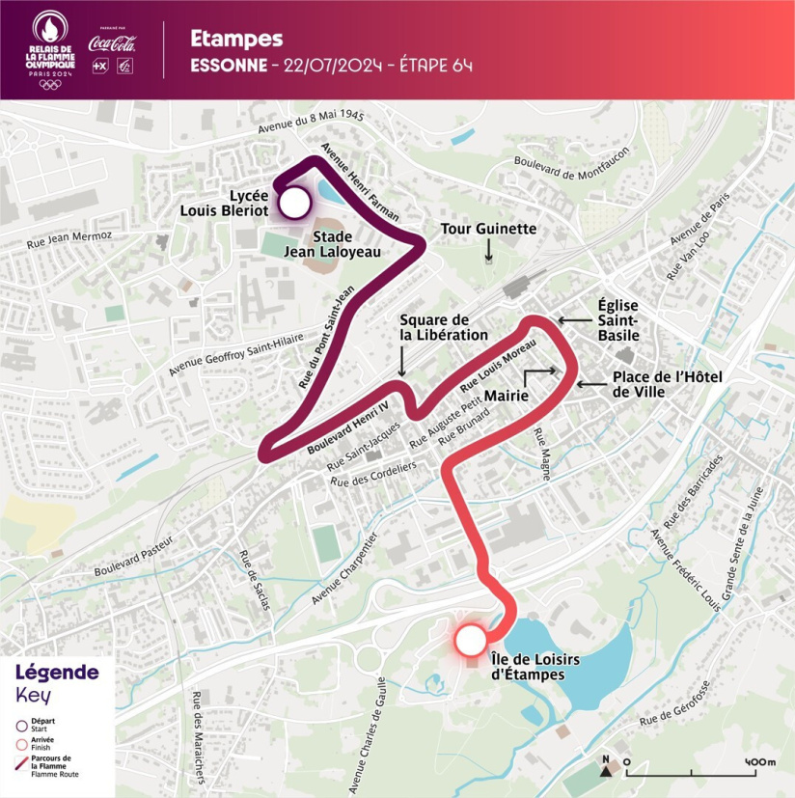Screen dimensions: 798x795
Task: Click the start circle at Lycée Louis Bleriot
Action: [294, 203]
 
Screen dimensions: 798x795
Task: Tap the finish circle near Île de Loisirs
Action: [470, 640]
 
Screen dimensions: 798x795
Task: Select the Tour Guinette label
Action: [488, 229]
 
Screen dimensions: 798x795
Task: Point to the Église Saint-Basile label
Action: [618, 318]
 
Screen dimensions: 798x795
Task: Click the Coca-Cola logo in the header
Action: [112, 43]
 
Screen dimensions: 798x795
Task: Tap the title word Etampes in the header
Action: [236, 39]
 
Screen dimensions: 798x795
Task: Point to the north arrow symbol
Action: [607, 764]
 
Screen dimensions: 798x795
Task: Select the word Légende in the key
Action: [57, 673]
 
